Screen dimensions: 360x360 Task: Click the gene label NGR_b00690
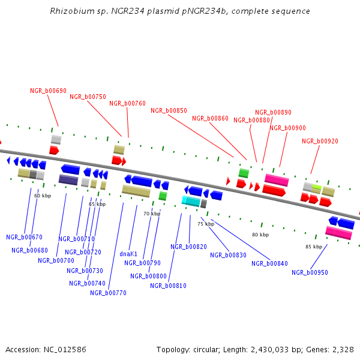[x=48, y=91]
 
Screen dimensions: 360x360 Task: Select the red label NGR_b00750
[x=88, y=97]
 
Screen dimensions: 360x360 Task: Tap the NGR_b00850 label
[x=169, y=110]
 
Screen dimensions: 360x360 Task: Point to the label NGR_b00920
[x=320, y=141]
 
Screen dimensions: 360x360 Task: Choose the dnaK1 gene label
[x=128, y=254]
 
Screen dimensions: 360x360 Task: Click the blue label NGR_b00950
[x=310, y=272]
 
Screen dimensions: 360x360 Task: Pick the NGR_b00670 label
[x=24, y=237]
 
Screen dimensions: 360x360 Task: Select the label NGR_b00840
[x=269, y=263]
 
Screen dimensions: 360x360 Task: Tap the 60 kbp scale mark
[x=42, y=196]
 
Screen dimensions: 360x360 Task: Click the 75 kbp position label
[x=206, y=224]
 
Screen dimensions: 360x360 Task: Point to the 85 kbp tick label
[x=314, y=247]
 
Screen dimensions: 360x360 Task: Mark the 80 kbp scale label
[x=260, y=235]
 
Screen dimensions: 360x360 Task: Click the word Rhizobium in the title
[x=72, y=11]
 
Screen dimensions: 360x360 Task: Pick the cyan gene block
[x=191, y=201]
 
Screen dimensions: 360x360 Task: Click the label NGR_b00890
[x=273, y=112]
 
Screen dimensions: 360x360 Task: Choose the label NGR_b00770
[x=108, y=293]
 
